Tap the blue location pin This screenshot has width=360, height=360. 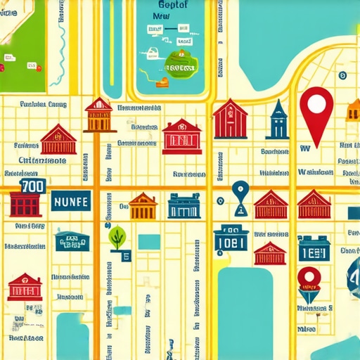click(x=240, y=190)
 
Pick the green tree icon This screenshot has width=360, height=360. click(x=117, y=236)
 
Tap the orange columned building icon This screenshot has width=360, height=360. click(x=143, y=206)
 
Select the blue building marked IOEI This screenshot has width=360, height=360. click(x=230, y=238)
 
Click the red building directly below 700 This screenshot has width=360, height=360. click(x=26, y=205)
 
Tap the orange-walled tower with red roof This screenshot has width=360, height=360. click(x=99, y=116)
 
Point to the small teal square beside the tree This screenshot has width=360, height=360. click(x=148, y=241)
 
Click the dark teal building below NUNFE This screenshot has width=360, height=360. click(x=72, y=240)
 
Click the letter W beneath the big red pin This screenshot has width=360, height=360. click(x=305, y=148)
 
